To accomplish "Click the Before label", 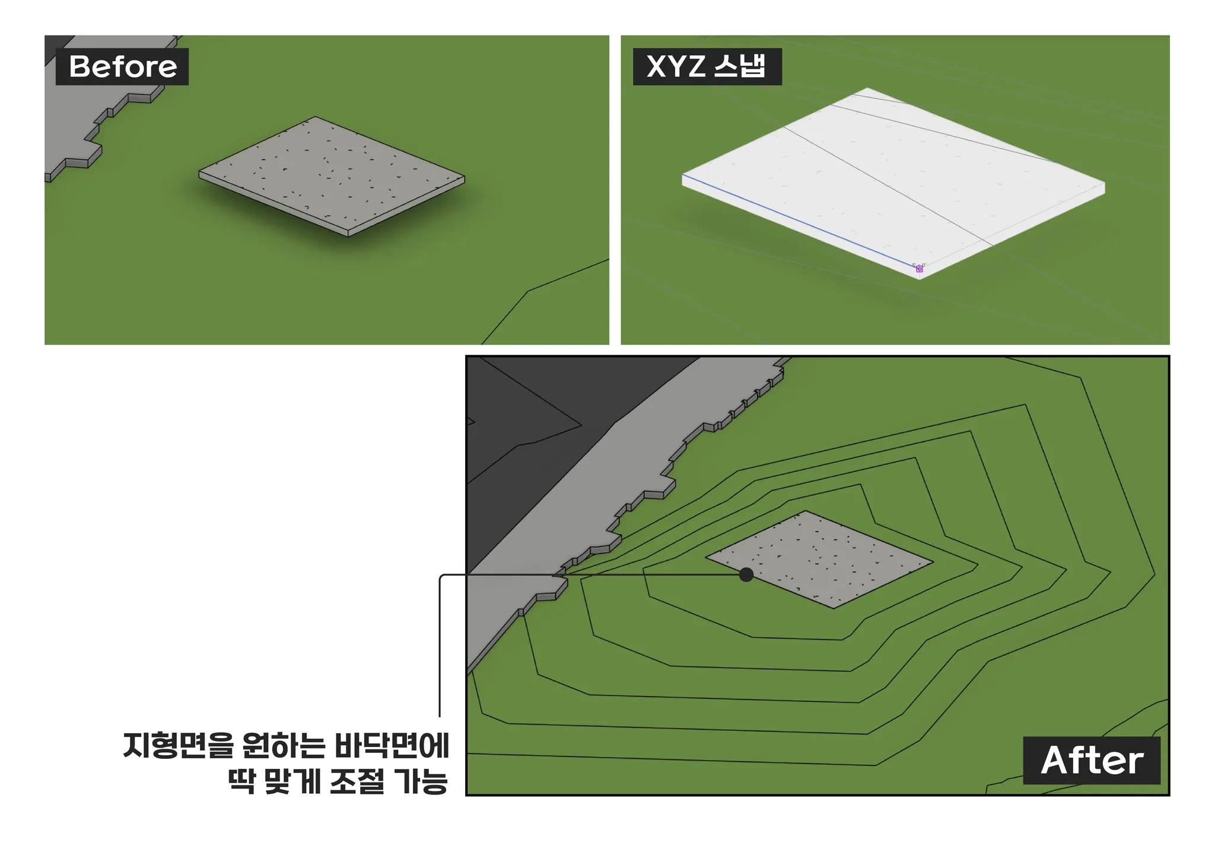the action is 122,66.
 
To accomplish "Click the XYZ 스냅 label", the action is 707,66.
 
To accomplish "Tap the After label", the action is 1092,761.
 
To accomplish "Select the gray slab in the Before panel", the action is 331,176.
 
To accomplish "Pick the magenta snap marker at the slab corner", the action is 920,269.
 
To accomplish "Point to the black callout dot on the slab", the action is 746,574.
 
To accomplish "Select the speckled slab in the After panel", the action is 819,560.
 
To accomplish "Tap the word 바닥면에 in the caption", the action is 392,746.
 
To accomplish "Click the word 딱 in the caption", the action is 241,781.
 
